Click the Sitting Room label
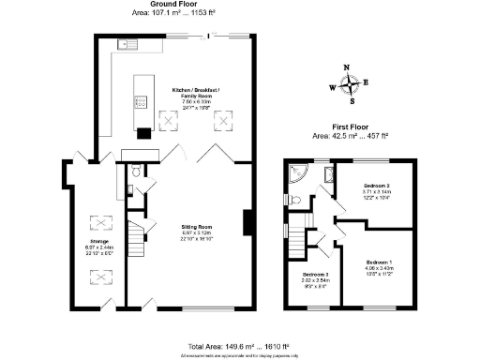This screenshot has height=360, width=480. [197, 226]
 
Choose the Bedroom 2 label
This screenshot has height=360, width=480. [376, 187]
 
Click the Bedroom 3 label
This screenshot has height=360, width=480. [314, 275]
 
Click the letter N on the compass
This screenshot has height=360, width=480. [348, 68]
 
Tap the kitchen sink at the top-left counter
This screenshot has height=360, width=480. [125, 44]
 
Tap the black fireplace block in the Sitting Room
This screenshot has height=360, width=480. [247, 222]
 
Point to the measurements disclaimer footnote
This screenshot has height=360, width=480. [239, 356]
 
